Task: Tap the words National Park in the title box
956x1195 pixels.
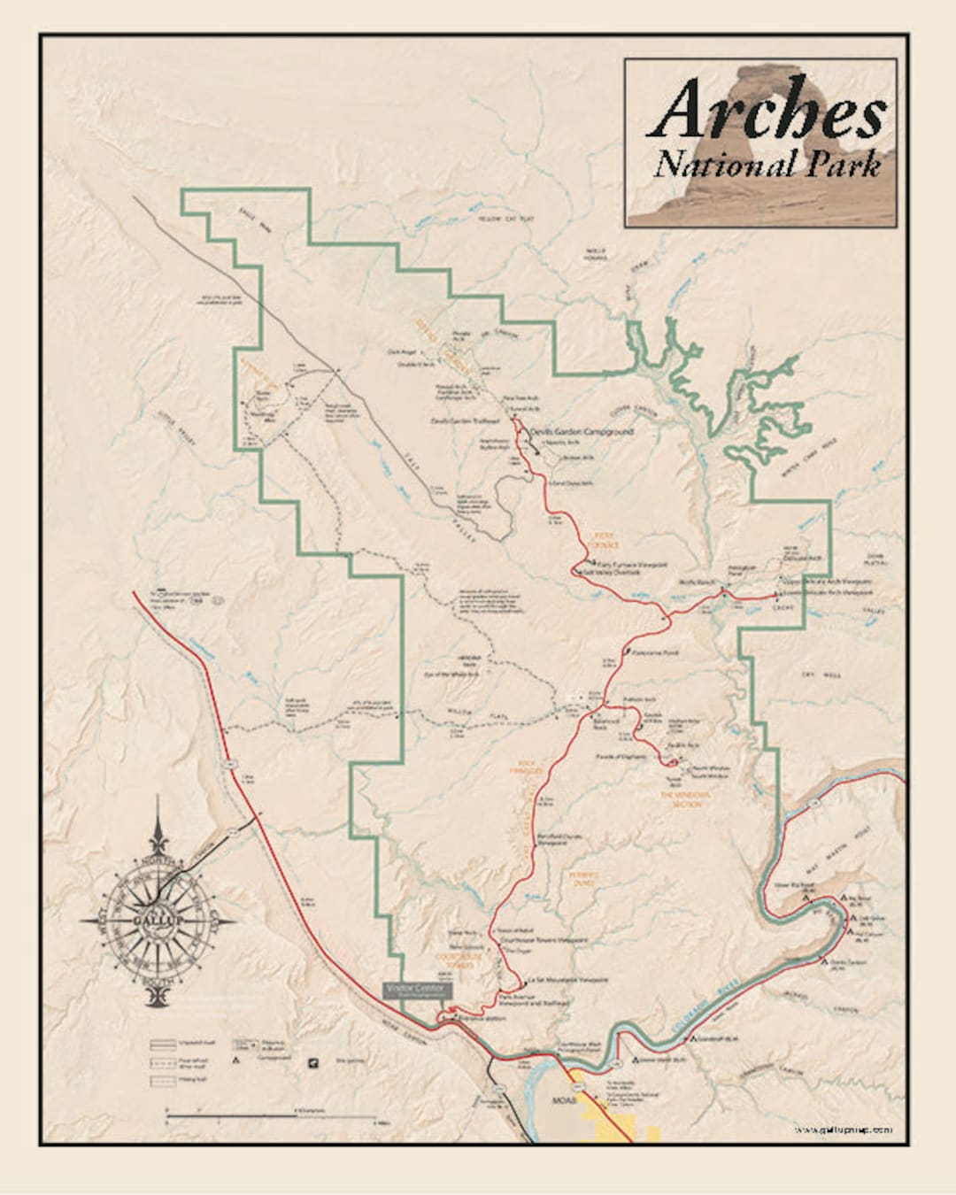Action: coord(767,165)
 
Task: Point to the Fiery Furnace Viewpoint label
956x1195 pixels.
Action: coord(632,563)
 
